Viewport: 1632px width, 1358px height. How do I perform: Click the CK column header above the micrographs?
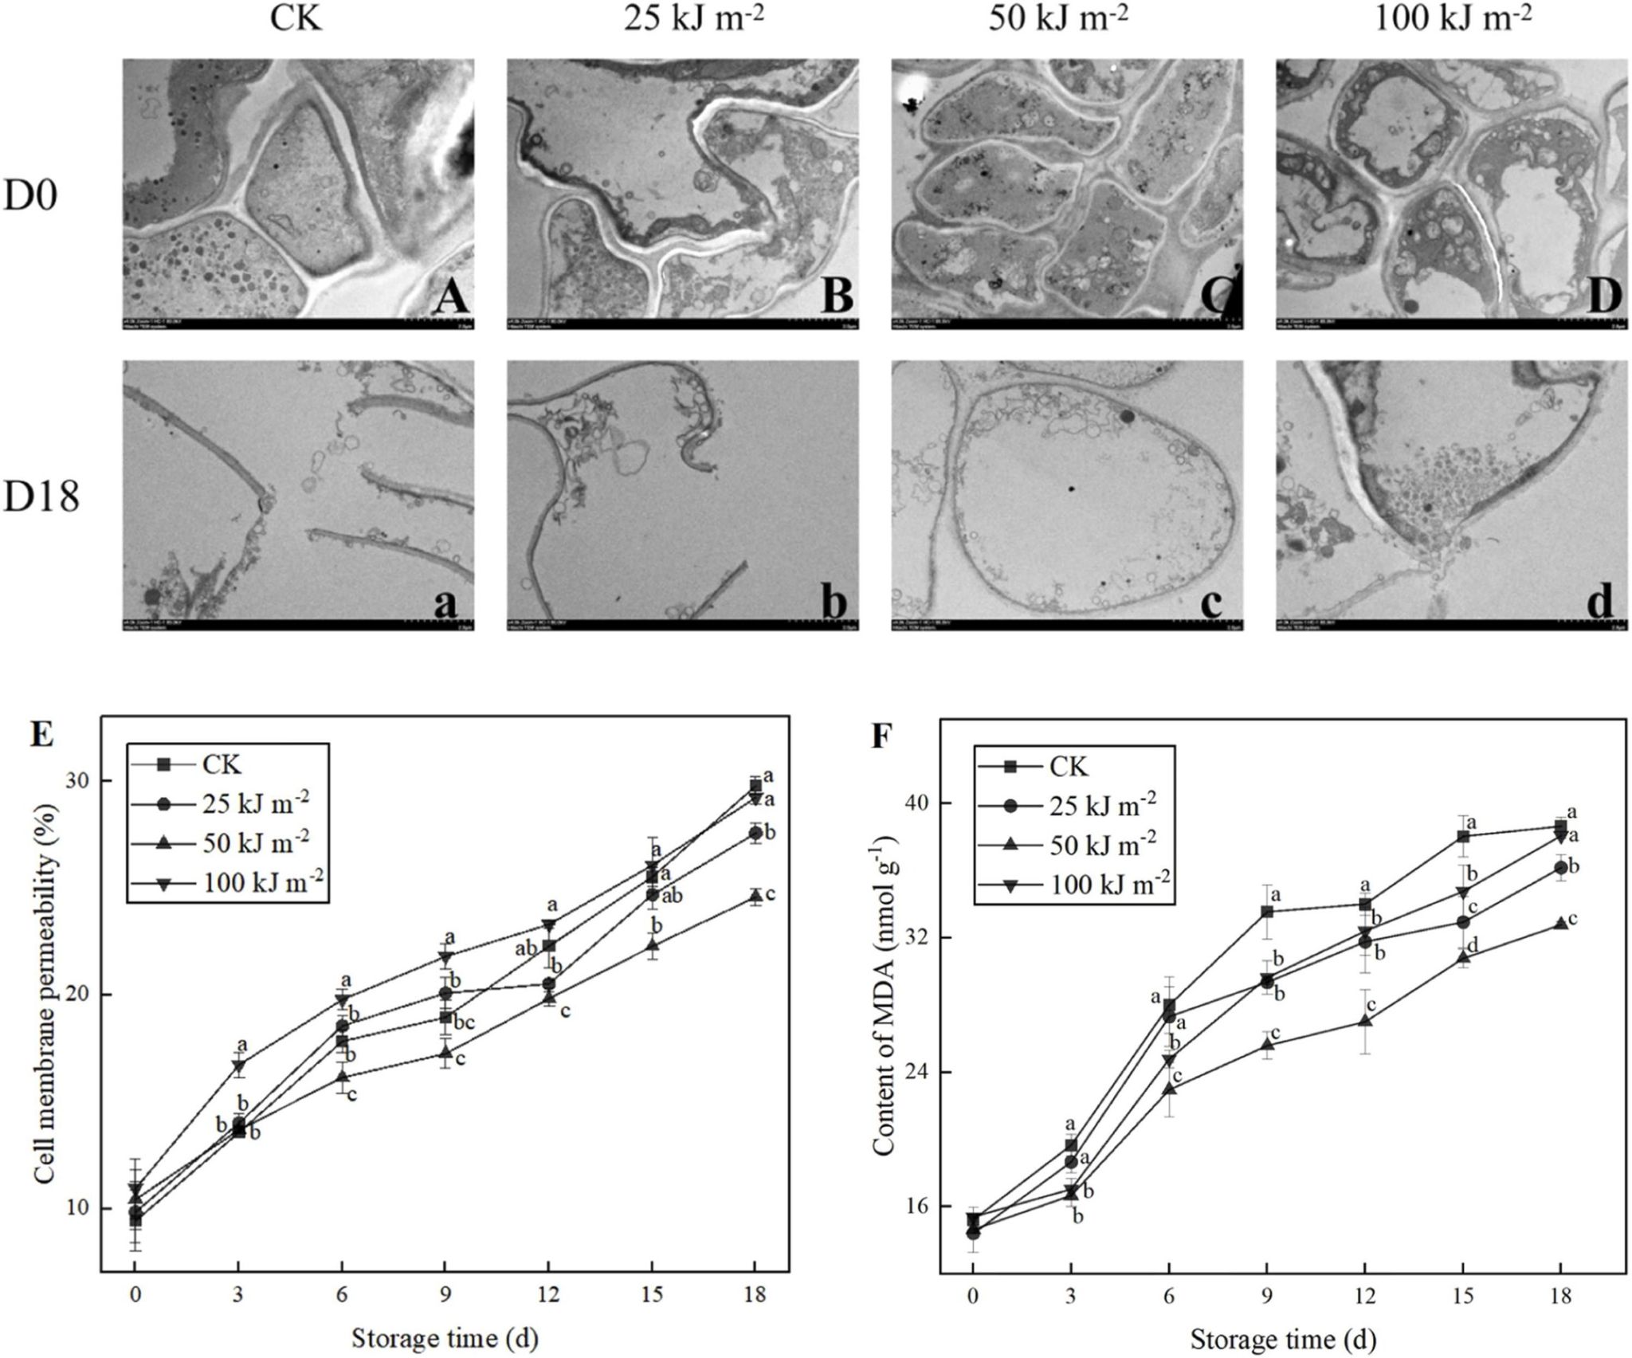(298, 18)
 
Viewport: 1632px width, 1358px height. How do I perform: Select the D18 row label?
(41, 499)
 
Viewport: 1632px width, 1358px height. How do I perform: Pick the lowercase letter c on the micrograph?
(1210, 602)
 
